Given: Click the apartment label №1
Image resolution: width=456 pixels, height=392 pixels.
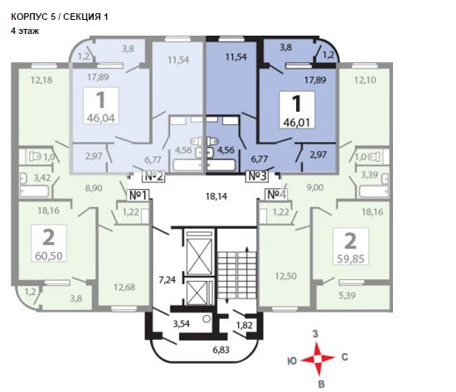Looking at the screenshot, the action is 138,196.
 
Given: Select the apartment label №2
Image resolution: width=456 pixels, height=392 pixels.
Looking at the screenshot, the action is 153,177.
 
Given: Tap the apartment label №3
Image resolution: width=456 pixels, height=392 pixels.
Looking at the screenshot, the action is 257,177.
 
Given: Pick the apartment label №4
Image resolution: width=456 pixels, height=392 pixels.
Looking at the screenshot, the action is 276,195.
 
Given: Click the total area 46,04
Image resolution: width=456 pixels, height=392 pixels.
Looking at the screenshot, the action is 101,119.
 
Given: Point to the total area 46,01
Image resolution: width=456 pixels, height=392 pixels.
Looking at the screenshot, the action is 297,123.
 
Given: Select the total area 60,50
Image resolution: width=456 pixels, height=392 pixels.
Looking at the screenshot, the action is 49,256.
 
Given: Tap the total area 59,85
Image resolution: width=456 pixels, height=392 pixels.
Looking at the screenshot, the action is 351,259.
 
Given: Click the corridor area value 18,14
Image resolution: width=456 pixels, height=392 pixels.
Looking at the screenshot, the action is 216,196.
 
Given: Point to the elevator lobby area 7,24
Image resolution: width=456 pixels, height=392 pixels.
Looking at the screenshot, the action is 167,280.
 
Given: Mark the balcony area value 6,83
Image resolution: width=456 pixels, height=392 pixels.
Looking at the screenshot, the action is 221,350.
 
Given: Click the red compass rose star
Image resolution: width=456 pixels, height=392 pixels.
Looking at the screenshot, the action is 318,359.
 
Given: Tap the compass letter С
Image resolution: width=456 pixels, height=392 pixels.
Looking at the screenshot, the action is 345,357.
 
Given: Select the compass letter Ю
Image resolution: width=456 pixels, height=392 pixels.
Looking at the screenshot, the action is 292,361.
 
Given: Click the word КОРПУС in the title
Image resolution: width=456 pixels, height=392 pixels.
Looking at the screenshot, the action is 29,17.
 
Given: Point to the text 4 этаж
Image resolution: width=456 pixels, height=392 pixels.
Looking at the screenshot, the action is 25,31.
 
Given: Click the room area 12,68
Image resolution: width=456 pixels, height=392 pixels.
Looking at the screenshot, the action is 124,288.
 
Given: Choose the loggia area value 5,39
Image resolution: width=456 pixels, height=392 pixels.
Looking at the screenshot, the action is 347,296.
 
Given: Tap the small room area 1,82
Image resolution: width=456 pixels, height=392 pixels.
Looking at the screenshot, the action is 245,325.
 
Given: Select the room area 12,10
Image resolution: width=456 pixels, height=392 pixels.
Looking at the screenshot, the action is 365,80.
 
